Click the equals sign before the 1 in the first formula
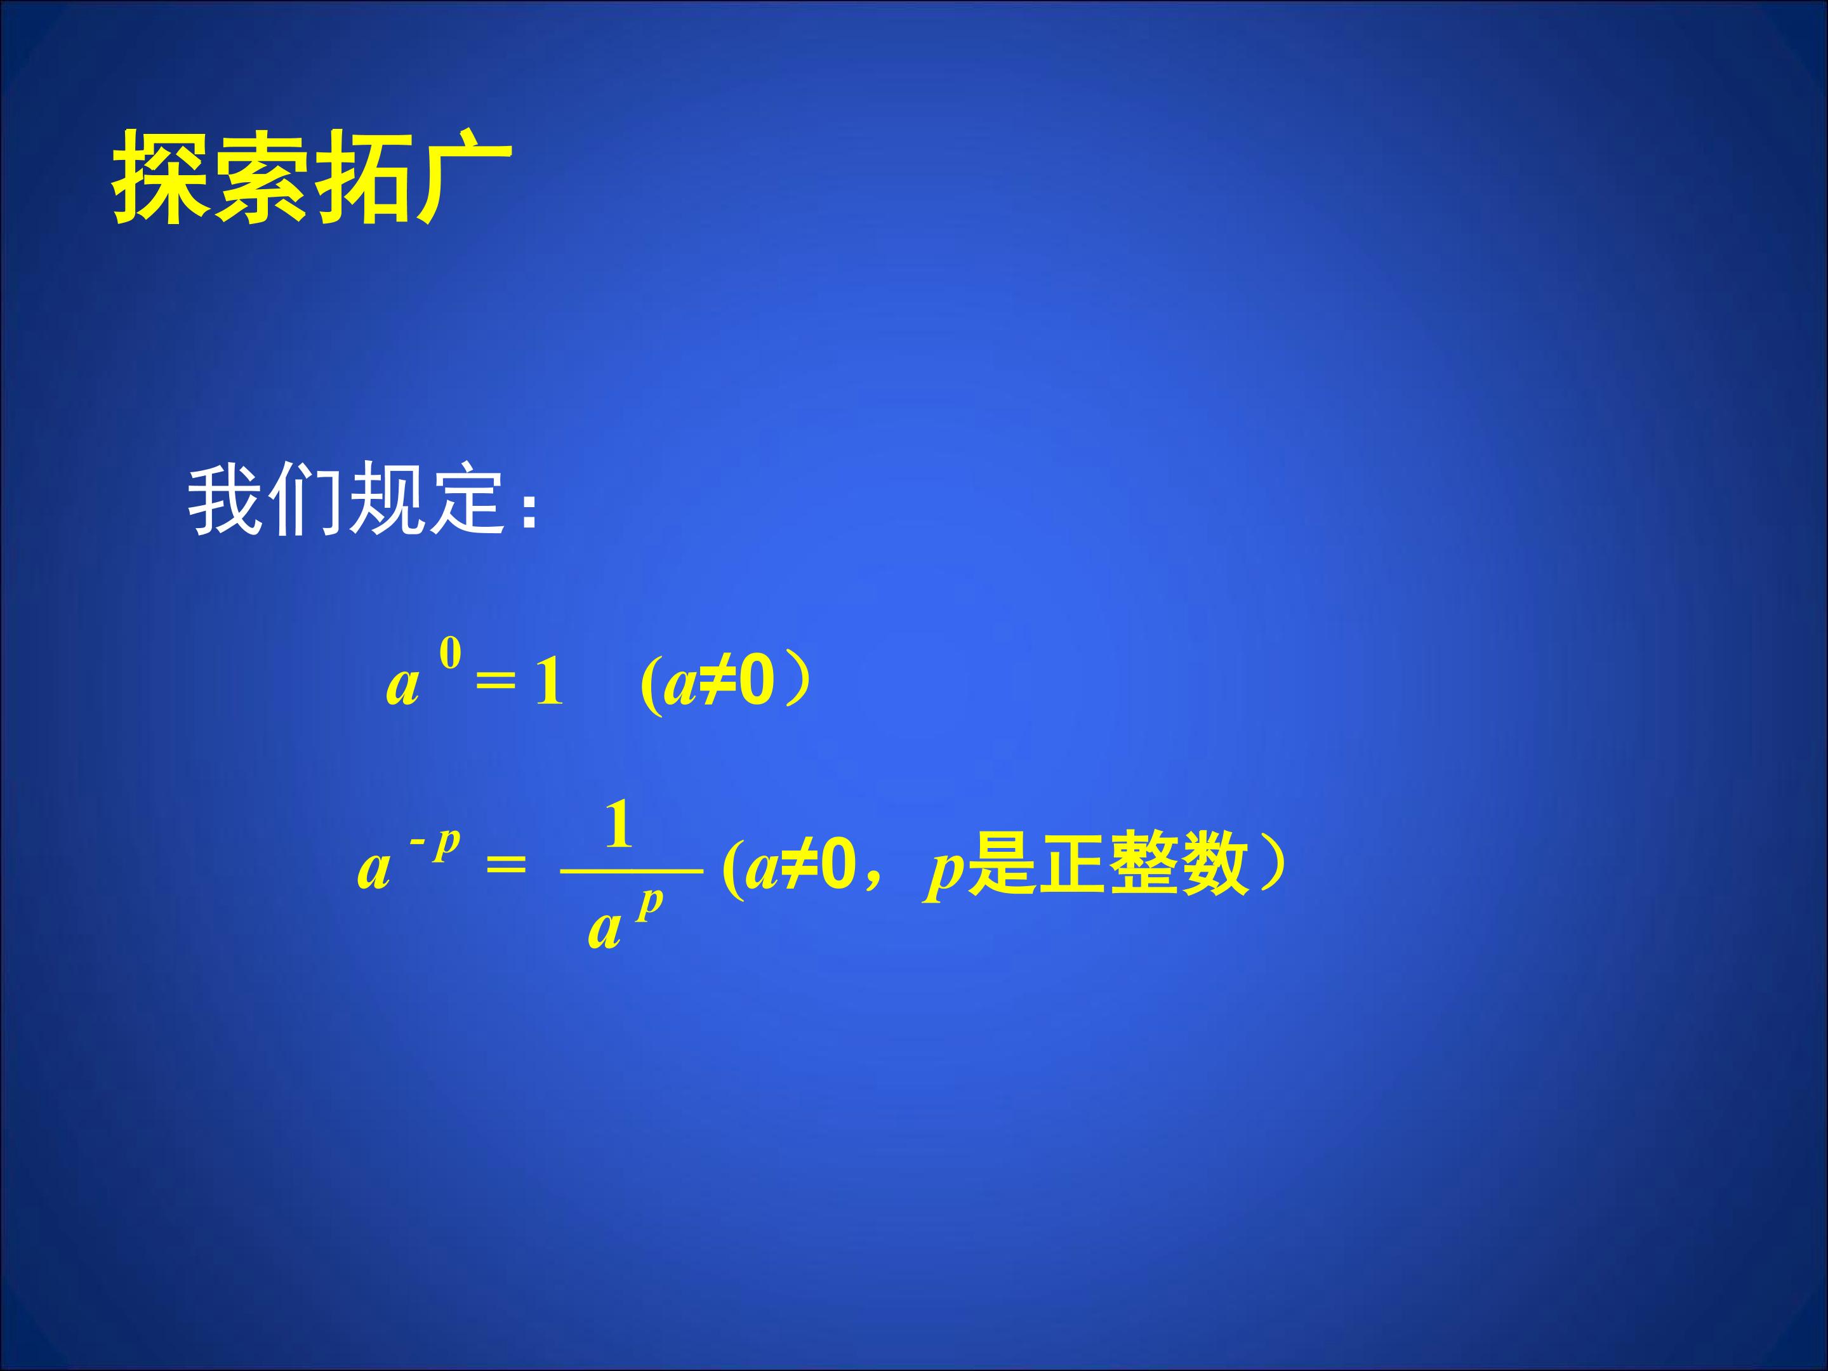tap(496, 684)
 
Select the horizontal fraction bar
tap(632, 870)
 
